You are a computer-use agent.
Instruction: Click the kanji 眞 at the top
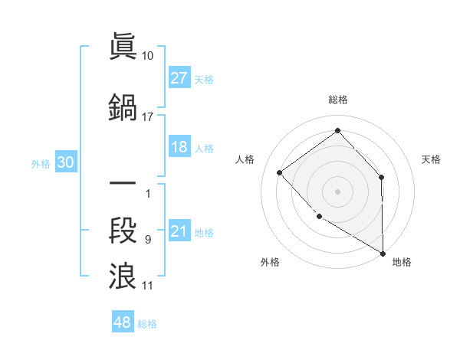[123, 47]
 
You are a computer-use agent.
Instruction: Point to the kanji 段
[123, 230]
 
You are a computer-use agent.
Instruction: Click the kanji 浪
[123, 276]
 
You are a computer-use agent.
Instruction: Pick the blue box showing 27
[179, 78]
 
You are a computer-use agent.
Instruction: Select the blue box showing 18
[179, 148]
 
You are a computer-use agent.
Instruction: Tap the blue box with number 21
[179, 232]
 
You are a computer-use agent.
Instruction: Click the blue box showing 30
[65, 162]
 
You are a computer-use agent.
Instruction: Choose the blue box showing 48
[123, 322]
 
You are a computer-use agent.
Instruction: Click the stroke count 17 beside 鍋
[147, 117]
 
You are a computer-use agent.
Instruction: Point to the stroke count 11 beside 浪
[148, 286]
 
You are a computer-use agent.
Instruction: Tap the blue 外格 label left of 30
[41, 163]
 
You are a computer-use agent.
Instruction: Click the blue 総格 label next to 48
[147, 324]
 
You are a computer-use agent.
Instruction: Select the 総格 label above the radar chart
[337, 100]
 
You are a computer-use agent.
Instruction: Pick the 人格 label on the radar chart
[245, 159]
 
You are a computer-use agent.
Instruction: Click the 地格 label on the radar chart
[402, 262]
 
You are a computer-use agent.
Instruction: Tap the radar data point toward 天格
[381, 178]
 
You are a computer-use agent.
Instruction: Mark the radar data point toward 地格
[383, 254]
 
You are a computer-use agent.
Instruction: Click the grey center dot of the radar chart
[337, 191]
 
